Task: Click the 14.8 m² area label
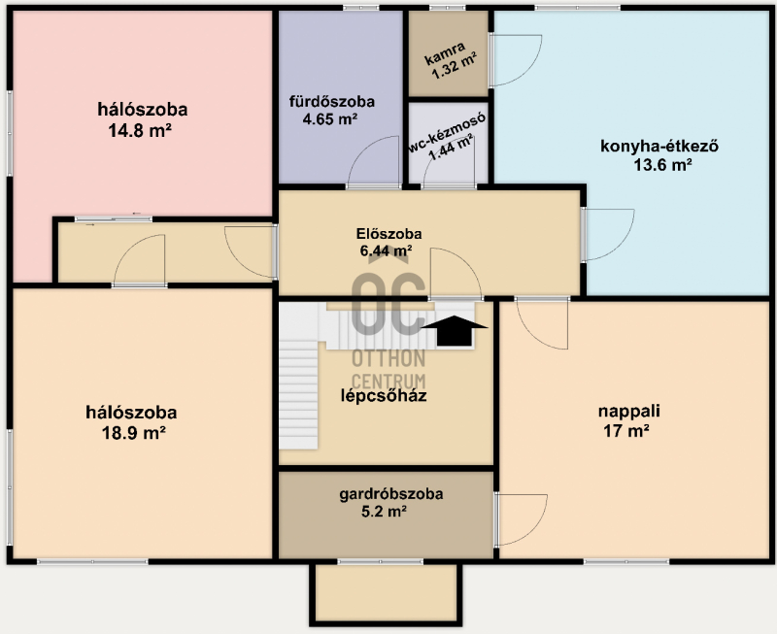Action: [x=140, y=131]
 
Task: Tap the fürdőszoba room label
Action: [x=332, y=102]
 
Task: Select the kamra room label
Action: [x=445, y=53]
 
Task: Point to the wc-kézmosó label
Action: [x=447, y=133]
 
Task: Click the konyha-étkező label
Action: [x=659, y=146]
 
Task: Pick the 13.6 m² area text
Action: [x=662, y=165]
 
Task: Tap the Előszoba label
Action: [x=389, y=234]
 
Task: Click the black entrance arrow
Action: [x=455, y=331]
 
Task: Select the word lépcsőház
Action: [x=384, y=396]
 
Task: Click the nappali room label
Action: [x=628, y=411]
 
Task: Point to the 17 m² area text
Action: [x=626, y=431]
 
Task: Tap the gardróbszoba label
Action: [x=391, y=494]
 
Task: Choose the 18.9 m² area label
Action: [x=133, y=433]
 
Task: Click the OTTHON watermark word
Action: [x=388, y=358]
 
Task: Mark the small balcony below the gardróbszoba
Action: [x=386, y=592]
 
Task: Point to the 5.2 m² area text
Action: [x=384, y=512]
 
